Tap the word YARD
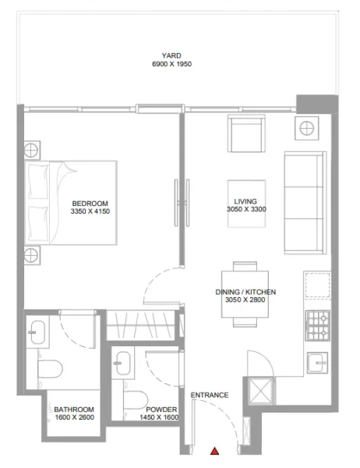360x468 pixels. point(172,55)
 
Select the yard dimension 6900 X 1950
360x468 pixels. point(172,64)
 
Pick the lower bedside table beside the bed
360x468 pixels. point(31,253)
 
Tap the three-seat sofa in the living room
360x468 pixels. point(305,203)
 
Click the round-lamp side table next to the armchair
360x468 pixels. point(306,129)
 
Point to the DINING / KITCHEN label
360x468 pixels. point(245,292)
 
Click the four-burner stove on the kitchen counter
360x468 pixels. point(317,326)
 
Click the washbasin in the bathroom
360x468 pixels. point(37,335)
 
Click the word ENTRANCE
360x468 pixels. point(210,395)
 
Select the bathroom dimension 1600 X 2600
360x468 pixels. point(74,417)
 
